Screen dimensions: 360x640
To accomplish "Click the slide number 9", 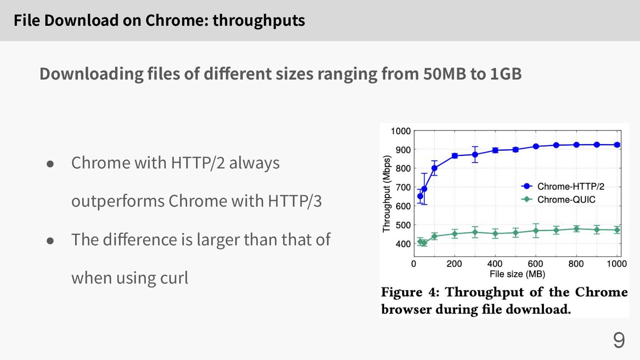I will (619, 340).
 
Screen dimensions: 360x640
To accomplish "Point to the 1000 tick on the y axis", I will (400, 131).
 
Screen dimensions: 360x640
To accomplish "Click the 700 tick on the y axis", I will (402, 187).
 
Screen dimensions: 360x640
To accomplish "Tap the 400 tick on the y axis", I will (402, 244).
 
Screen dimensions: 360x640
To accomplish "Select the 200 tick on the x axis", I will (454, 264).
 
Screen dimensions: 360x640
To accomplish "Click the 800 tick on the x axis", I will (576, 264).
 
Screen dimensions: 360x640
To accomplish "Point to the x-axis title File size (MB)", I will (517, 274).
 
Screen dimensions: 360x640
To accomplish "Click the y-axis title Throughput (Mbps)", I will (386, 194).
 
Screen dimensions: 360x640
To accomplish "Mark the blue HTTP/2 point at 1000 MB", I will (617, 145).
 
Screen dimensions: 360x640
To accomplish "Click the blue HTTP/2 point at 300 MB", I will (475, 155).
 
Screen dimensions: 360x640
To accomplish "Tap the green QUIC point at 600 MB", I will (536, 231).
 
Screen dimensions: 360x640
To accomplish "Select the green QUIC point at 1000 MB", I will (617, 230).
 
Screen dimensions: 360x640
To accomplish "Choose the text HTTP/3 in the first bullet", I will (295, 201).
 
